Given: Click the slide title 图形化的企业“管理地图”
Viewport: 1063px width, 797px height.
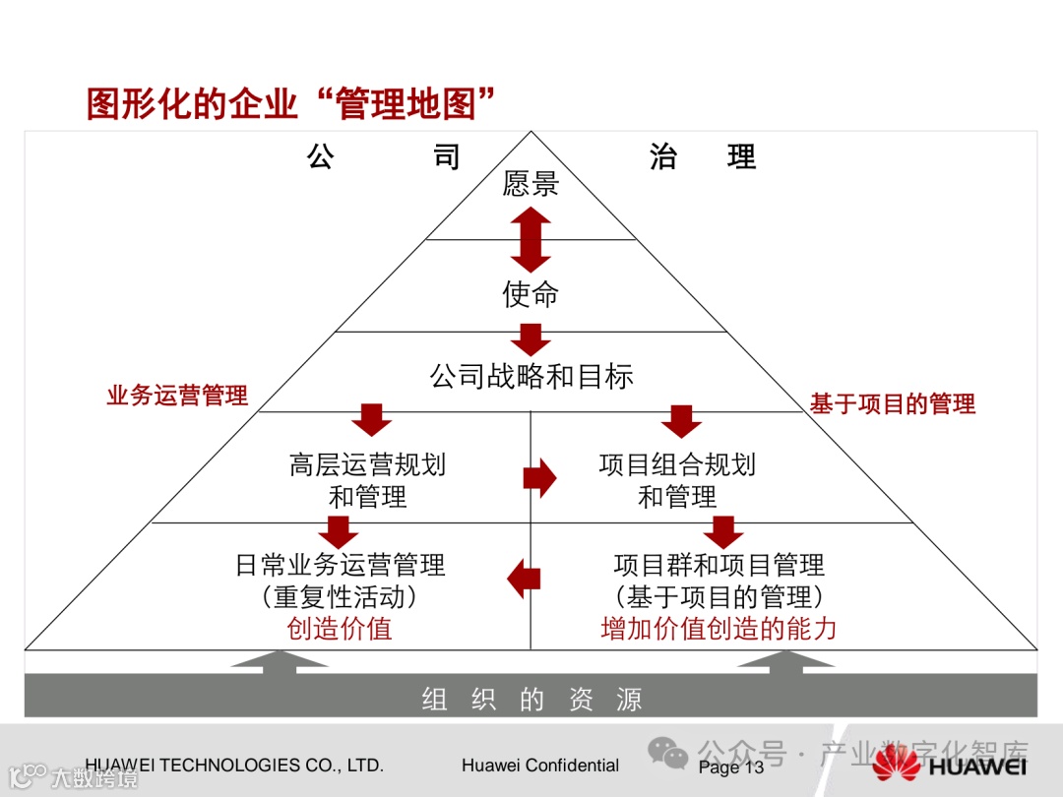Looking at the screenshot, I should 290,102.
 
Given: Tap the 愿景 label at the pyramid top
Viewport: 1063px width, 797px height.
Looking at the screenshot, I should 531,184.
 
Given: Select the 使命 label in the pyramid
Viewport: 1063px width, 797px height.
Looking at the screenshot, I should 531,294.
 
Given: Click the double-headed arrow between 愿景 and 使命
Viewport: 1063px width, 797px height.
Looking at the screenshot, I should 531,239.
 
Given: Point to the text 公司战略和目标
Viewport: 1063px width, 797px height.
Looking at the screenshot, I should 531,376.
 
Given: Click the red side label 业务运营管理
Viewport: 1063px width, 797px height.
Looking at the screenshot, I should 177,396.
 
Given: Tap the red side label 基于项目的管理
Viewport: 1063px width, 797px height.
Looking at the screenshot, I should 892,403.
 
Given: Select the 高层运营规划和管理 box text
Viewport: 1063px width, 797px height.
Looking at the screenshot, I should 367,480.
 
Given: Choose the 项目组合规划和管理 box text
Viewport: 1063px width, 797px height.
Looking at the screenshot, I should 677,480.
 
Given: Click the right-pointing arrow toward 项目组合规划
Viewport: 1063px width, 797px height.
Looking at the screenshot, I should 539,478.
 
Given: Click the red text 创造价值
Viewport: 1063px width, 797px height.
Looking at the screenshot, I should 340,629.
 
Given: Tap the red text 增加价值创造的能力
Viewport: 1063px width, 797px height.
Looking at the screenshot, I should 719,629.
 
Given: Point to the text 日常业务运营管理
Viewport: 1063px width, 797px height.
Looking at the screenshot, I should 340,565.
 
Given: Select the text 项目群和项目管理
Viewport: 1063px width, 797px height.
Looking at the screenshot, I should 719,565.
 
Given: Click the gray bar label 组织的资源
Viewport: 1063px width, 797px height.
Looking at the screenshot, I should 531,700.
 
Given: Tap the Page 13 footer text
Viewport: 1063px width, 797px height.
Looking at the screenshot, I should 730,767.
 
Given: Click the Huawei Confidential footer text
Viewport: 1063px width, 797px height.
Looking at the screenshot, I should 540,766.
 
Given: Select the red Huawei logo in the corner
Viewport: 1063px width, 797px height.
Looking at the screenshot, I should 896,764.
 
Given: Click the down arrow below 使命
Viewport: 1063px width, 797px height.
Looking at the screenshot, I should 531,340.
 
